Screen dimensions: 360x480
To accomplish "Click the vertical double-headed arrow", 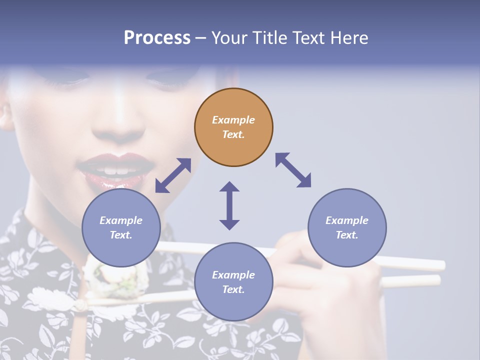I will click(x=229, y=205).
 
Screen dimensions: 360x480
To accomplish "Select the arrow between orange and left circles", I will click(x=173, y=175).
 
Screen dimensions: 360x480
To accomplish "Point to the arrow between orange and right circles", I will click(x=293, y=170).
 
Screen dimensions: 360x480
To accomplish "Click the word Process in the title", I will click(x=157, y=37).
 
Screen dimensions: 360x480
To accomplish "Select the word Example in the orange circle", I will click(x=233, y=120).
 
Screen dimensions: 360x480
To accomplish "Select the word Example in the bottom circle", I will click(x=233, y=275).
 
